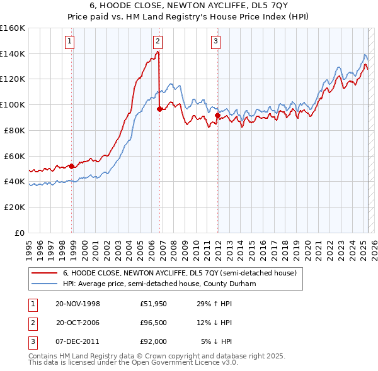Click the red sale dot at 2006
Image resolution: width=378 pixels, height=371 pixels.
click(159, 109)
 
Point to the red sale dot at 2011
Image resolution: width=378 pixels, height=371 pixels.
click(217, 115)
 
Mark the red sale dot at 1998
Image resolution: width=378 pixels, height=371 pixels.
click(72, 166)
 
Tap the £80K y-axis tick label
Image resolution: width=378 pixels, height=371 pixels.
click(14, 130)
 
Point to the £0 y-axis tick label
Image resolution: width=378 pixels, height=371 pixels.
click(20, 233)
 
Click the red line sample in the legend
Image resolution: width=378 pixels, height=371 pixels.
click(44, 273)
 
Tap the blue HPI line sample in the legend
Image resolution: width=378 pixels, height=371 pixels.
click(44, 284)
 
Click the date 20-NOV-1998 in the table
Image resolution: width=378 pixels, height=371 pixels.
click(78, 304)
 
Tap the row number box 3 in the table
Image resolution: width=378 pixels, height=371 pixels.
click(31, 341)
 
